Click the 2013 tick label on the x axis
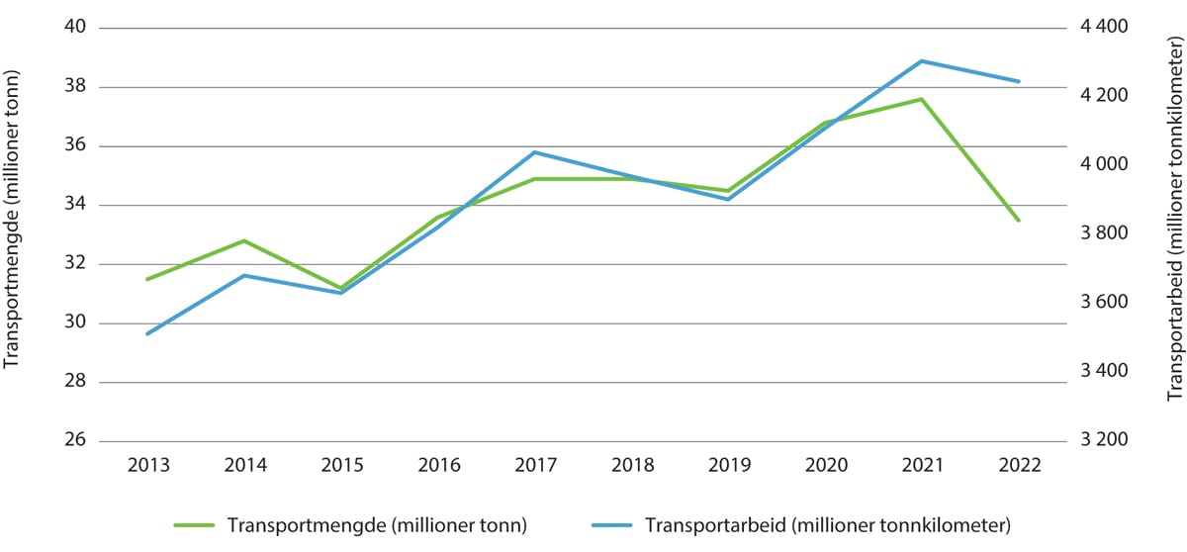pyautogui.click(x=147, y=466)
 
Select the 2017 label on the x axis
pyautogui.click(x=534, y=466)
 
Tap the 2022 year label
pyautogui.click(x=1019, y=466)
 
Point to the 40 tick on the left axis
pyautogui.click(x=76, y=28)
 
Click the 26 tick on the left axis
pyautogui.click(x=76, y=441)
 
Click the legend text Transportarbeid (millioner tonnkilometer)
pyautogui.click(x=827, y=525)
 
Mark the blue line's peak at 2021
pyautogui.click(x=922, y=61)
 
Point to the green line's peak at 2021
pyautogui.click(x=922, y=99)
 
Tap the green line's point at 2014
pyautogui.click(x=244, y=240)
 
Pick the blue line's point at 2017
pyautogui.click(x=534, y=152)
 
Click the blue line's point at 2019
pyautogui.click(x=728, y=200)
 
